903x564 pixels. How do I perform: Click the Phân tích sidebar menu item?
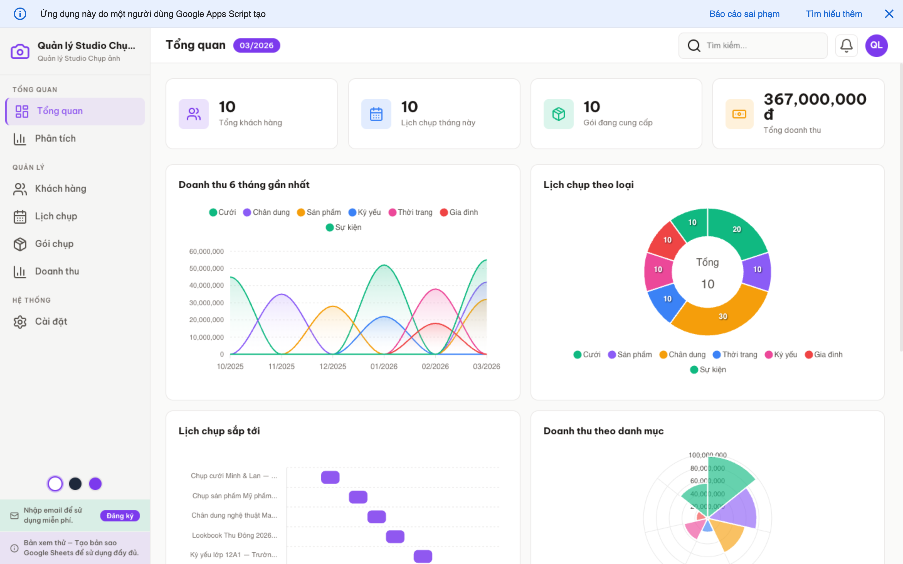coord(55,139)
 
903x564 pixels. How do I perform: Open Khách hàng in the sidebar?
coord(61,189)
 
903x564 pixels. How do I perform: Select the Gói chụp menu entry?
coord(54,244)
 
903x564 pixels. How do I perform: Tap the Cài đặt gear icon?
coord(20,322)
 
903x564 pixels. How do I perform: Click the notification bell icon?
coord(846,45)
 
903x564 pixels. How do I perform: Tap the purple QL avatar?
coord(876,45)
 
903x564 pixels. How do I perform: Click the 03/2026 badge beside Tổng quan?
coord(256,45)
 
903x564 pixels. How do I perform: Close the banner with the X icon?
coord(889,14)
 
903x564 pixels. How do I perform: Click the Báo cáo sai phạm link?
coord(744,14)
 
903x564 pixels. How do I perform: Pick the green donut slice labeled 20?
coord(737,229)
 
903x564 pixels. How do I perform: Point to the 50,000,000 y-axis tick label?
coord(206,269)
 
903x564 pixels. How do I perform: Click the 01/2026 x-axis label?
coord(383,367)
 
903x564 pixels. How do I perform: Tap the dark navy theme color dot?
coord(75,484)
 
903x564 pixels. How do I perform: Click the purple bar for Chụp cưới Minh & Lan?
coord(330,477)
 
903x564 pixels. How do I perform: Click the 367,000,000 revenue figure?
coord(815,100)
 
